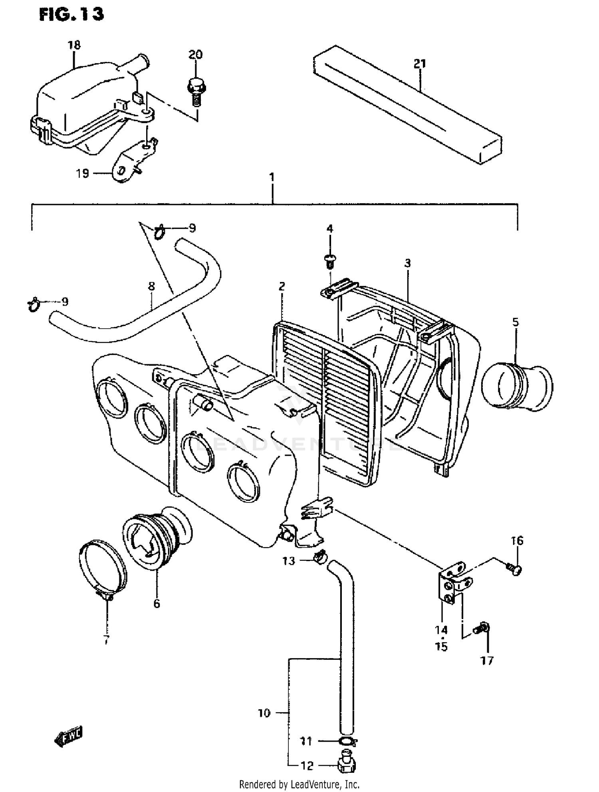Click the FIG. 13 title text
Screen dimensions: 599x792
pos(71,15)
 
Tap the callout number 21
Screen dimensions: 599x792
pos(420,64)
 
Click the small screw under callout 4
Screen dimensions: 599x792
pos(330,261)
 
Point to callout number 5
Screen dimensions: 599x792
pos(516,322)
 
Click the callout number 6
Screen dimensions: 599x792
pos(157,603)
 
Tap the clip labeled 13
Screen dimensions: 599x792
pos(320,555)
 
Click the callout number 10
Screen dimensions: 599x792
pos(264,713)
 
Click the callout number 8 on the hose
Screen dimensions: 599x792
pos(151,286)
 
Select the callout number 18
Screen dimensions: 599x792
pos(74,45)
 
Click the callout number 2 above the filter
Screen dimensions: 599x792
pos(282,286)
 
